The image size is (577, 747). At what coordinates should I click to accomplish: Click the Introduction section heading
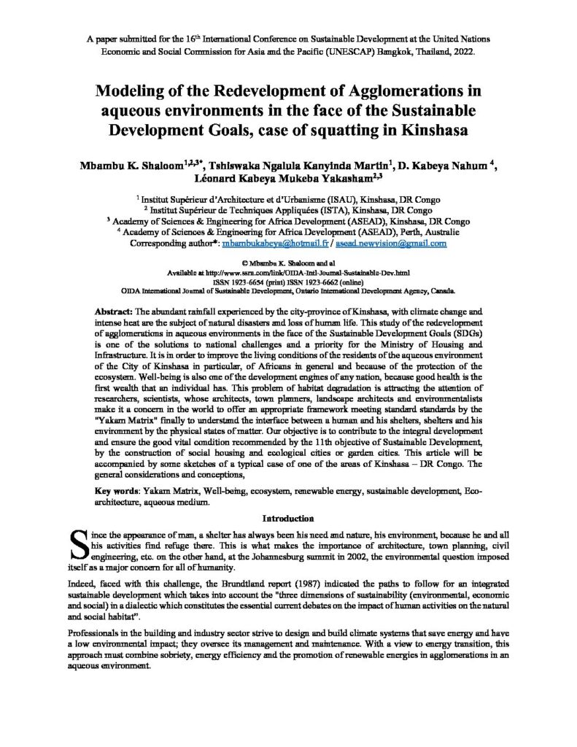coord(288,519)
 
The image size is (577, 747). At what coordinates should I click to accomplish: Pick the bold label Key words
coord(118,492)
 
